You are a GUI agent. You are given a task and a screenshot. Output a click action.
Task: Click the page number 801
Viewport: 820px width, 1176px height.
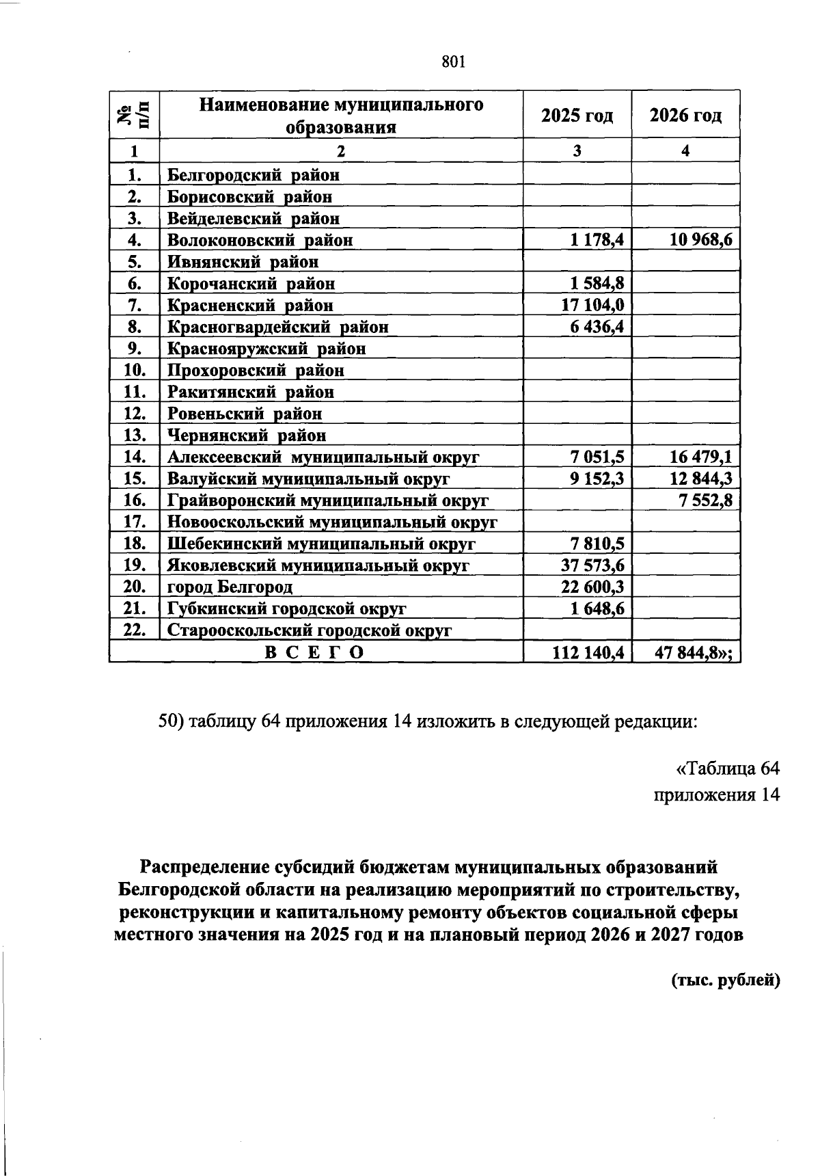[x=453, y=62]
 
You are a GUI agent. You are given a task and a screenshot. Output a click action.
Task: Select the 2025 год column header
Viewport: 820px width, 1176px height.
[x=577, y=116]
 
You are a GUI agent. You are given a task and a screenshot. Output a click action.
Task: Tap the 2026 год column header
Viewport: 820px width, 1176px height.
[x=685, y=116]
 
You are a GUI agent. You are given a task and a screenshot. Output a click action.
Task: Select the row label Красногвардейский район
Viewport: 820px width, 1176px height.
[x=278, y=327]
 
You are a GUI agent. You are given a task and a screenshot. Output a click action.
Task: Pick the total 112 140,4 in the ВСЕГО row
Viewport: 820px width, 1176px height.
[x=588, y=653]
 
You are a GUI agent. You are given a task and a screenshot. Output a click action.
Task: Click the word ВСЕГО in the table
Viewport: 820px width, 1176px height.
[x=314, y=653]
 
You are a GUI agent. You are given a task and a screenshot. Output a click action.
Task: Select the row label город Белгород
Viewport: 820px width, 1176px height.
[x=230, y=587]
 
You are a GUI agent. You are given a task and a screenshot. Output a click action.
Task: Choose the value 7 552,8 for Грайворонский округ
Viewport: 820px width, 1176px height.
[x=705, y=500]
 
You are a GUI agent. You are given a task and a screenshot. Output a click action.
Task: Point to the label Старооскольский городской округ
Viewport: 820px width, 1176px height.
[x=310, y=630]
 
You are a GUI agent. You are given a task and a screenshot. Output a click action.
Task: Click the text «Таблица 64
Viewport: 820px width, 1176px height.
[x=727, y=769]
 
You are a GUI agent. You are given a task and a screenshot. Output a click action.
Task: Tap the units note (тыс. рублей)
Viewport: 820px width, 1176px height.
[x=724, y=980]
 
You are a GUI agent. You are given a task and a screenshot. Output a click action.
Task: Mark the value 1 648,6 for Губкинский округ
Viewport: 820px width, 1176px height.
[x=597, y=609]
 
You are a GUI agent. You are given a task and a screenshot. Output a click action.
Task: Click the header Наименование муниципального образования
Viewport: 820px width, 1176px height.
[x=341, y=116]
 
